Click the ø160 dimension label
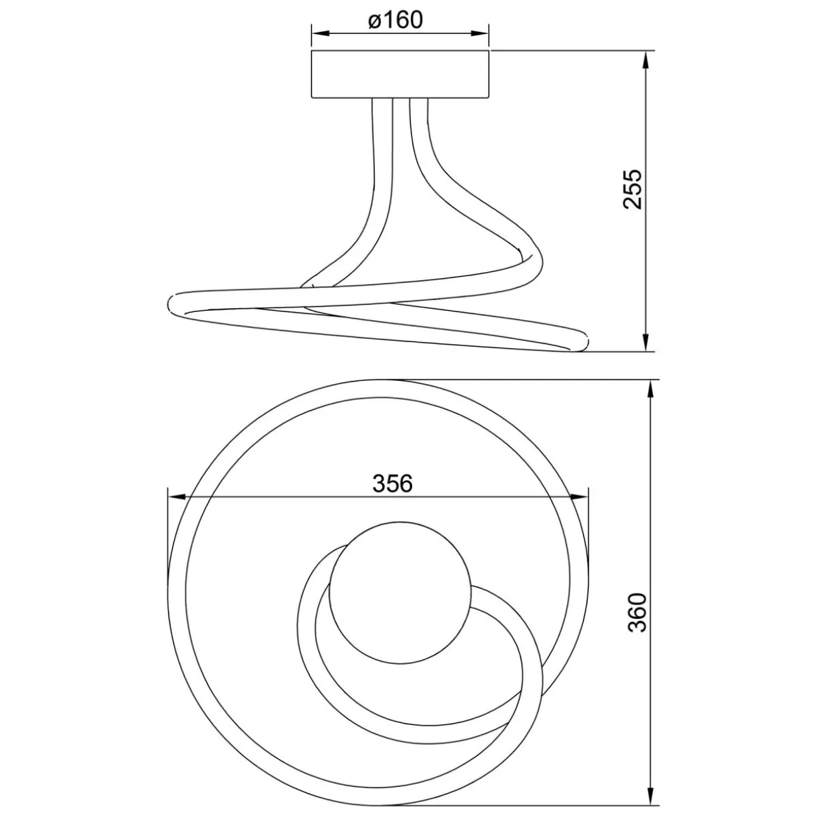(x=395, y=19)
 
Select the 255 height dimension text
(x=632, y=189)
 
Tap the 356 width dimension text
(x=392, y=484)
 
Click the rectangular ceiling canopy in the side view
(x=400, y=75)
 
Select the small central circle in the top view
(x=400, y=593)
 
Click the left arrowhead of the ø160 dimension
(x=320, y=33)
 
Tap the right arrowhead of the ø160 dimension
(x=480, y=33)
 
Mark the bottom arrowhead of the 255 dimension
(x=645, y=342)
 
